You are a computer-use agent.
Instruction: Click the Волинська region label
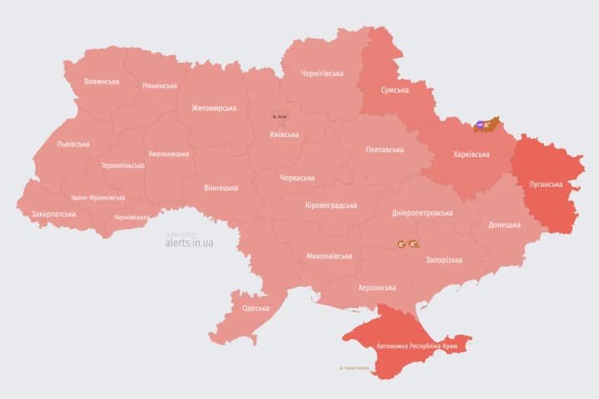click(101, 81)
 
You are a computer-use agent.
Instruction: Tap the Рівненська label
click(159, 86)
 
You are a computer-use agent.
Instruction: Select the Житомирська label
click(214, 108)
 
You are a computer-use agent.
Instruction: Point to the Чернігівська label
click(323, 73)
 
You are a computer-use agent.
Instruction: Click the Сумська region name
click(394, 90)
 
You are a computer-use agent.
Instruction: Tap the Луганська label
click(546, 184)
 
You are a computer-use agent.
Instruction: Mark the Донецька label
click(504, 224)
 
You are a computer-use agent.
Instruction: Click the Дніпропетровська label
click(422, 213)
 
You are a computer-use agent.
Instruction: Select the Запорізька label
click(443, 260)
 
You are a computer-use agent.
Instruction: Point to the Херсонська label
click(376, 287)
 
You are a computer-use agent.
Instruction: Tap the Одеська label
click(255, 308)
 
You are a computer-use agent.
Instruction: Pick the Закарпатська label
click(53, 214)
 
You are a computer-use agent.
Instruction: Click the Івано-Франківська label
click(98, 198)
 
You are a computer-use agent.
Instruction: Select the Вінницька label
click(220, 188)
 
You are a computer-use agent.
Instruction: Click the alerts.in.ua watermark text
click(189, 243)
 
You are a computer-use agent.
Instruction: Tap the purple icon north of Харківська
click(481, 126)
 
